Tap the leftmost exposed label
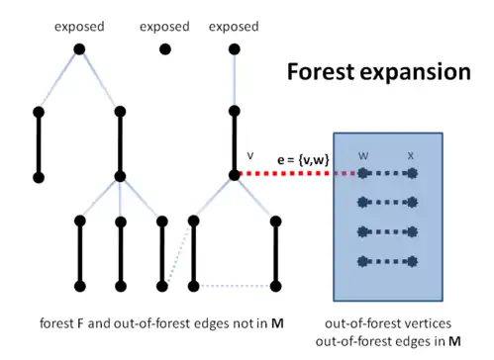point(79,27)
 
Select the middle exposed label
point(165,27)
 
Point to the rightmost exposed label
point(235,27)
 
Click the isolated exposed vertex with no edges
point(165,48)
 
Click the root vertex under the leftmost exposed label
point(79,48)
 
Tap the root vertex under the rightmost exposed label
point(235,48)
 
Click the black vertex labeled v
point(235,175)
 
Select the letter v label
point(250,155)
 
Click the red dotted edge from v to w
point(297,175)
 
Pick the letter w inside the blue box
point(364,155)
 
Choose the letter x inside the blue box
point(410,155)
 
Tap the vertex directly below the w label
point(364,175)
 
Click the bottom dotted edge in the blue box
point(387,261)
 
